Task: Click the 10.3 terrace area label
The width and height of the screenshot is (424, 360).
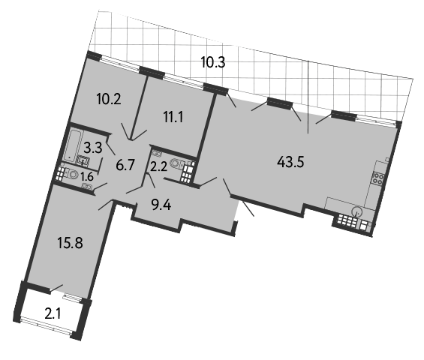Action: pyautogui.click(x=213, y=62)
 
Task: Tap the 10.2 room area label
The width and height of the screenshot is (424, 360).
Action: pyautogui.click(x=109, y=100)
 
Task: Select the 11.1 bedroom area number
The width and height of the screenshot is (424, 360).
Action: pyautogui.click(x=173, y=117)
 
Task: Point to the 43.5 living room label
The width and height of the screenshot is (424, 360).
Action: pyautogui.click(x=290, y=163)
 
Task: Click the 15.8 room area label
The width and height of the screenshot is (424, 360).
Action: pyautogui.click(x=71, y=243)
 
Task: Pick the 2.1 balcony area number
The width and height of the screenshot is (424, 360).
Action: pyautogui.click(x=53, y=314)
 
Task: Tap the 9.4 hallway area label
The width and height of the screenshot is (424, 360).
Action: pyautogui.click(x=161, y=206)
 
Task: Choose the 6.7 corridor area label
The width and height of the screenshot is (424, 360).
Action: pyautogui.click(x=125, y=165)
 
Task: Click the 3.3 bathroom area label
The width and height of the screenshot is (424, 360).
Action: pyautogui.click(x=93, y=148)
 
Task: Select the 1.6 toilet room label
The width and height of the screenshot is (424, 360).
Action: pyautogui.click(x=87, y=177)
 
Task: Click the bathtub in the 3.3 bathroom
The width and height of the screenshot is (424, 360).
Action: pyautogui.click(x=73, y=145)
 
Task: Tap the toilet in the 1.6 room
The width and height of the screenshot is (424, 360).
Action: pyautogui.click(x=71, y=173)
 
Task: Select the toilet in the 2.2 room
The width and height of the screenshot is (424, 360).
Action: pyautogui.click(x=176, y=163)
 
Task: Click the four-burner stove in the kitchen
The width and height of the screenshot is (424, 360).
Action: pyautogui.click(x=378, y=178)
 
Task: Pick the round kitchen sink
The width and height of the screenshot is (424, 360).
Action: pyautogui.click(x=357, y=211)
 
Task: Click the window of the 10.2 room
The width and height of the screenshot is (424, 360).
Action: pyautogui.click(x=121, y=64)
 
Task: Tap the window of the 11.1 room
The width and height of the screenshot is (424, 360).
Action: pyautogui.click(x=184, y=81)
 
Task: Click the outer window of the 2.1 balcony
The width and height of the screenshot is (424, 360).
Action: pyautogui.click(x=46, y=327)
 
